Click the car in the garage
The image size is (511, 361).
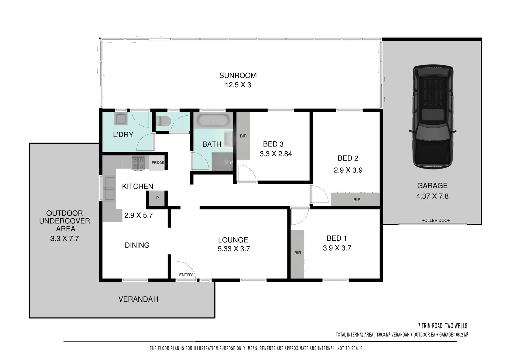[x=432, y=117]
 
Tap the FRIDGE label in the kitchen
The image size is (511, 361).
[x=158, y=163]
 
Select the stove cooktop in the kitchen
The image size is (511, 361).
[x=138, y=163]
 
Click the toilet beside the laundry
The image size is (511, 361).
[x=163, y=121]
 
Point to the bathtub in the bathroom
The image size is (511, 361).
[x=213, y=120]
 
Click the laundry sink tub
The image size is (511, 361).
[x=121, y=119]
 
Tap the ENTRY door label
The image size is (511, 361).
[x=186, y=275]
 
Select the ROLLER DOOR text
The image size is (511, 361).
[x=436, y=220]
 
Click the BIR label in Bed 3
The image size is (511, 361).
[x=243, y=136]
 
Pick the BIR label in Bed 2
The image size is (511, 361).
[x=357, y=200]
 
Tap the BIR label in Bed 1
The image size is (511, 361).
[x=297, y=253]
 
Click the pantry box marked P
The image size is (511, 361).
[x=157, y=198]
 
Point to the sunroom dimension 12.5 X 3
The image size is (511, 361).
[x=238, y=85]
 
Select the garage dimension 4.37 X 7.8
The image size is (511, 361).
[x=432, y=196]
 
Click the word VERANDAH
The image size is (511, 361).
[x=138, y=299]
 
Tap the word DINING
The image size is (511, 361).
[x=137, y=245]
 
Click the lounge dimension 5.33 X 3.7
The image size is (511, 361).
[x=234, y=249]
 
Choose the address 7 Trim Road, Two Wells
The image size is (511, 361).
[x=442, y=326]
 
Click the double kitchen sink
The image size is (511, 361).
[x=109, y=189]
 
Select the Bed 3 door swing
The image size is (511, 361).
[x=247, y=174]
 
